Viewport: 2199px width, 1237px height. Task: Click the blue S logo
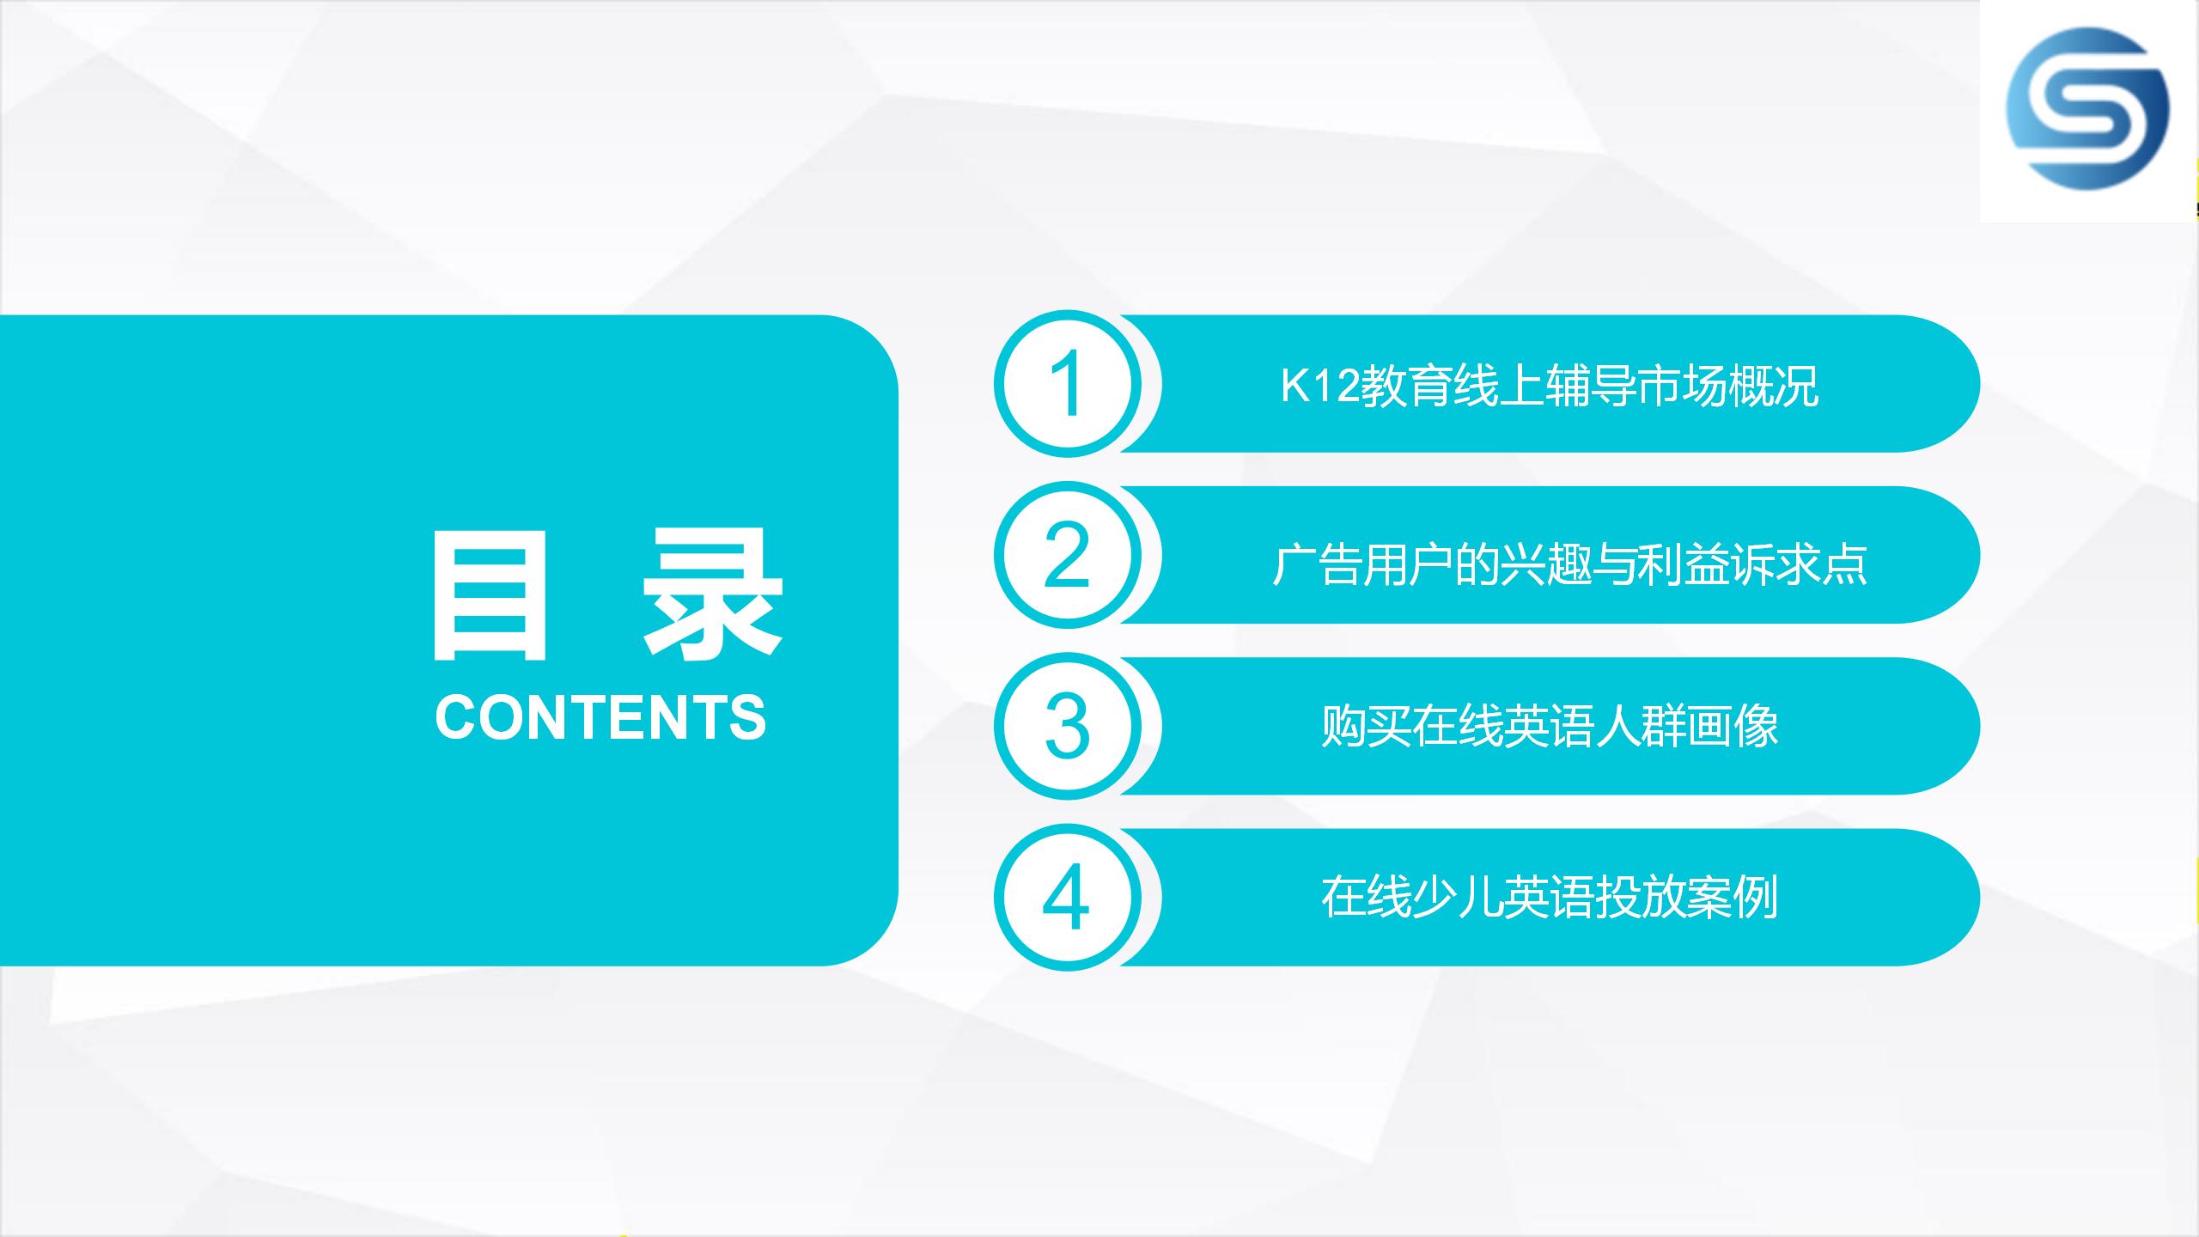click(2087, 108)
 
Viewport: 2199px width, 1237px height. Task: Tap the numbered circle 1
click(1068, 383)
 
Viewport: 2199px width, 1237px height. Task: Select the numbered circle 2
click(1068, 554)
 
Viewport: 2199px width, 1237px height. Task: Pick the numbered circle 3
click(1068, 726)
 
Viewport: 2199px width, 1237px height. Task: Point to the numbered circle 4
click(1068, 898)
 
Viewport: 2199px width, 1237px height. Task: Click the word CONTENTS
click(600, 717)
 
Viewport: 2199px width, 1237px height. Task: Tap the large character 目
click(490, 594)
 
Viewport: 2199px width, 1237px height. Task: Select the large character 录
click(713, 594)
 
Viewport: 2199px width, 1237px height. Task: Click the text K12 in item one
click(1321, 386)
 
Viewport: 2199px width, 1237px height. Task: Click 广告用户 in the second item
click(1361, 564)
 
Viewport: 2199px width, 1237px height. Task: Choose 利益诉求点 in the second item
click(1753, 564)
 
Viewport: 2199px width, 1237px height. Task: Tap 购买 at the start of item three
click(1367, 726)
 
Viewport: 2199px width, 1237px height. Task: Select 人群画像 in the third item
click(1687, 726)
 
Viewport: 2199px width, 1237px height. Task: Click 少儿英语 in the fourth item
click(1503, 897)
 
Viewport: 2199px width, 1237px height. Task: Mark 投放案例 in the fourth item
click(1687, 897)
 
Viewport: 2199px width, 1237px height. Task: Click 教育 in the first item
click(1407, 386)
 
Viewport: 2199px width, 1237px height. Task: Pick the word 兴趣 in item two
click(1544, 564)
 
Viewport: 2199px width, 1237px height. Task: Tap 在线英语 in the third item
click(1503, 726)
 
